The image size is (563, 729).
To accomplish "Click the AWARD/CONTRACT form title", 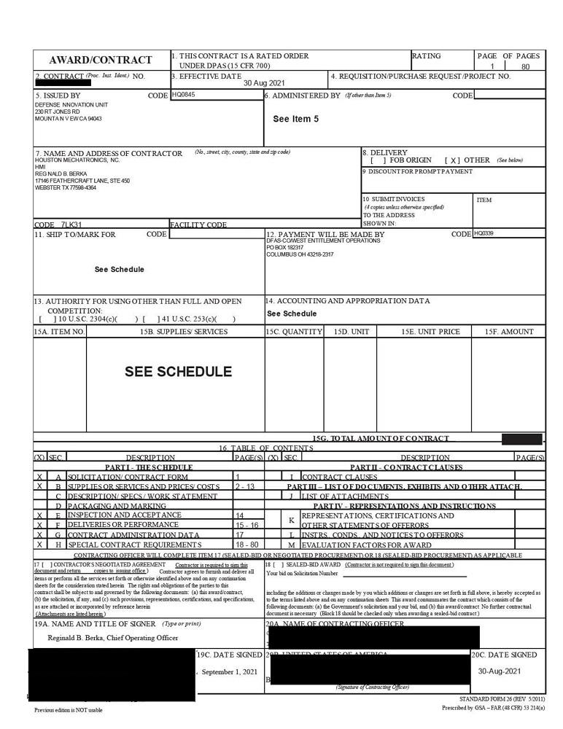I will pos(101,60).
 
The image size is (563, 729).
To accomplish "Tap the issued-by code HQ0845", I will pos(184,95).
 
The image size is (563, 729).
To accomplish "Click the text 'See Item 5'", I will pos(295,119).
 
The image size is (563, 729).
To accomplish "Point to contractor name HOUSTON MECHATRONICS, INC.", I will pos(77,160).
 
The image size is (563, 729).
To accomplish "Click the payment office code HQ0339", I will pos(484,234).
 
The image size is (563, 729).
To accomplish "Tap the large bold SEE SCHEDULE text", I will pos(178,371).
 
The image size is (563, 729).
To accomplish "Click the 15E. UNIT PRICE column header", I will pos(430,332).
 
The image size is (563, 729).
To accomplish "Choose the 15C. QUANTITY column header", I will pos(294,332).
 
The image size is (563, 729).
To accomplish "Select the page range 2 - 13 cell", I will pos(245,486).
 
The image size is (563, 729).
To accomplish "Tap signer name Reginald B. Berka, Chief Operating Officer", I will pos(113,638).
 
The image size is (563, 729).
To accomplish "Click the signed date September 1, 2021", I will pos(230,671).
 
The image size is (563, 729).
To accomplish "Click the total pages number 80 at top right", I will pos(525,66).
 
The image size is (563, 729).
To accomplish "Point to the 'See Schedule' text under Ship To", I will pos(119,270).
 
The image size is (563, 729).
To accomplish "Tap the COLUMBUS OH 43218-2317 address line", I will pos(300,254).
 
